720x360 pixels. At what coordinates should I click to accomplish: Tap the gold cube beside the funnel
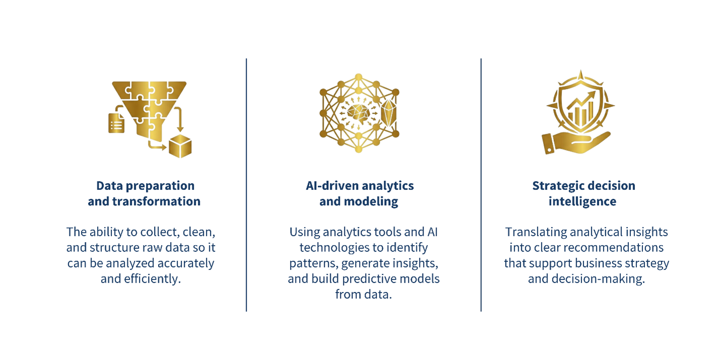coord(180,146)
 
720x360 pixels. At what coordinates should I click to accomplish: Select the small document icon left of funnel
coord(116,123)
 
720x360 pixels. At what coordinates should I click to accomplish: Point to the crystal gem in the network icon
coord(389,113)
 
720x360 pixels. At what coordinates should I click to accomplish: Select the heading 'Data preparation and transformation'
coord(145,193)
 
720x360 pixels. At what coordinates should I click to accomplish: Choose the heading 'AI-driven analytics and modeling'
coord(359,193)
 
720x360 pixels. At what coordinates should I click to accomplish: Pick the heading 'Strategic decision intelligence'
coord(584,193)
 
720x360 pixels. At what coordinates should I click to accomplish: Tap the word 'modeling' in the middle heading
coord(371,201)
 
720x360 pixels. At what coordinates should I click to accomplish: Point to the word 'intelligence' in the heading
coord(583,201)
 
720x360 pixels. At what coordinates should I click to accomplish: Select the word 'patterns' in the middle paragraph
coord(313,263)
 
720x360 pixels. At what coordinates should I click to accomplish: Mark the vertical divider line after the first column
coord(247,185)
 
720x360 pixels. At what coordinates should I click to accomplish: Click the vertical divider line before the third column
coord(481,185)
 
